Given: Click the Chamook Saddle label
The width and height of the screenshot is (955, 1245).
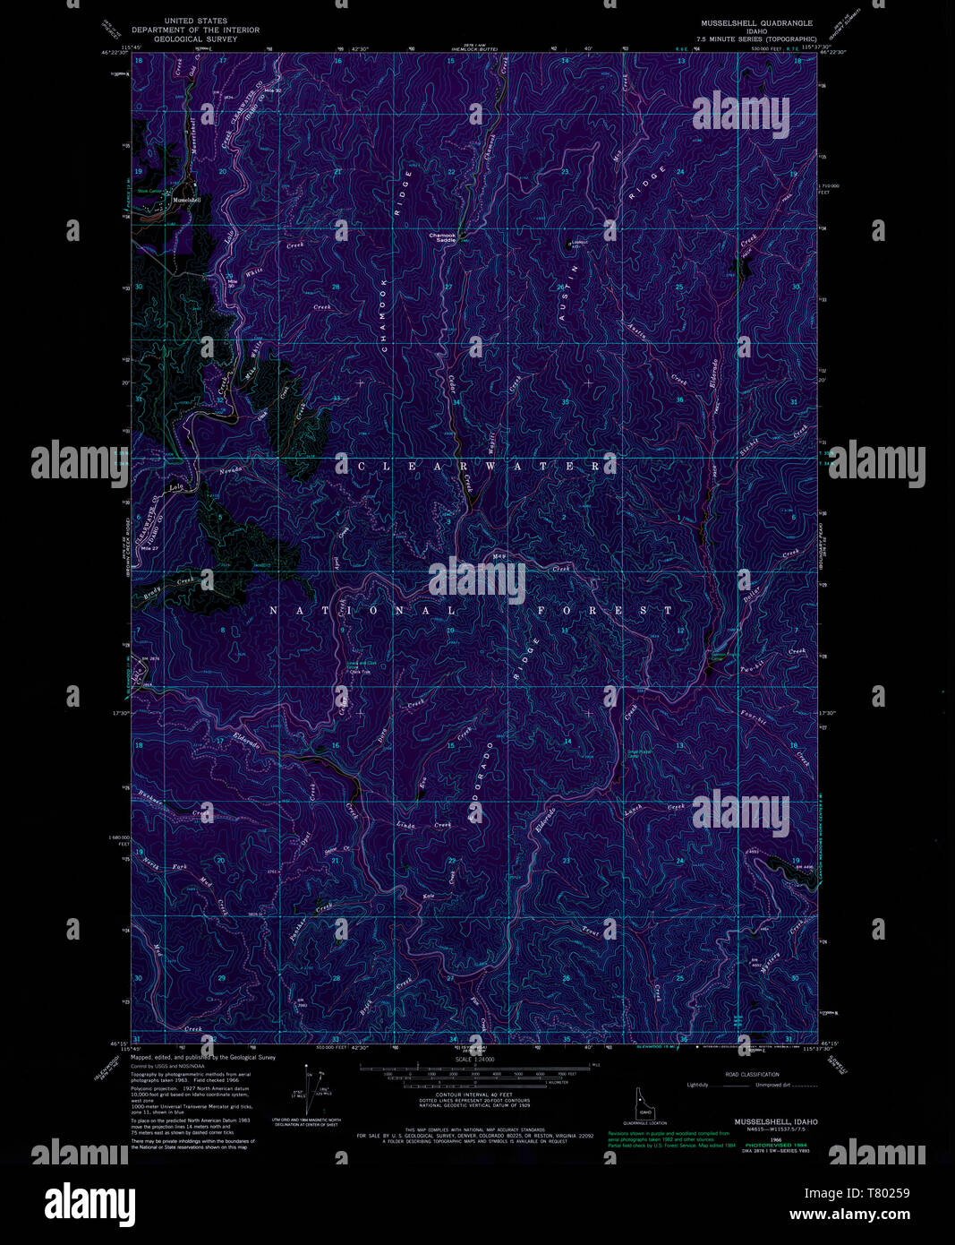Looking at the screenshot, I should coord(440,237).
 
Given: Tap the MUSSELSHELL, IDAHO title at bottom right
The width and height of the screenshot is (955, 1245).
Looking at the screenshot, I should coord(776,1121).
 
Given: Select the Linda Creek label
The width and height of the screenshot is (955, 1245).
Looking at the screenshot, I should coord(424,824).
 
